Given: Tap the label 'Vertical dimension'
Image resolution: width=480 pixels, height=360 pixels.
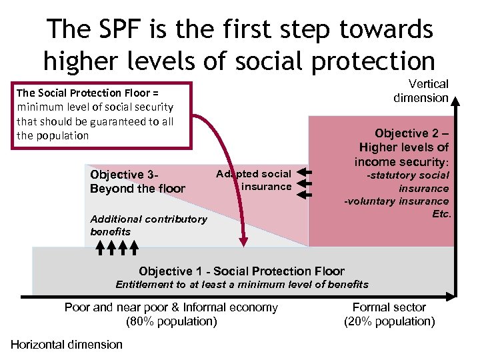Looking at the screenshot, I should [x=421, y=91].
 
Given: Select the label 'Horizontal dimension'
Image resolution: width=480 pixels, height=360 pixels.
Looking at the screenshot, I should [x=67, y=344].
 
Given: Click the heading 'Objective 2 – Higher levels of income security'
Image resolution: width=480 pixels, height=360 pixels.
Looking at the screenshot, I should [x=403, y=147].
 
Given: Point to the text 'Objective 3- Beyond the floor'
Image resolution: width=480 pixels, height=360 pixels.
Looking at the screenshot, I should [x=137, y=181].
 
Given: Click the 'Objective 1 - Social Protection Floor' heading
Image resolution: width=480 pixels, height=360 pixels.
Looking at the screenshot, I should [x=241, y=271].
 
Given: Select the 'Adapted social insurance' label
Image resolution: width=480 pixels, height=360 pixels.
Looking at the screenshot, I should [x=255, y=181].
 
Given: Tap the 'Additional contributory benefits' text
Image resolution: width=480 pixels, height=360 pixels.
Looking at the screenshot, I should [x=148, y=225].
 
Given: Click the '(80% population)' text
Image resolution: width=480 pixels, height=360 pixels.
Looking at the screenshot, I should [x=171, y=321].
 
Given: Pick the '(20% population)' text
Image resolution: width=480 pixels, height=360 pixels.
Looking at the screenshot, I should [x=389, y=321].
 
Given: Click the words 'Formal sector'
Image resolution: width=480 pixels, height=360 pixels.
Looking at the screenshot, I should [x=389, y=307].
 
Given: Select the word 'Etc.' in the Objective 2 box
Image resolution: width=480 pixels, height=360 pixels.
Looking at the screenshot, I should [x=441, y=214].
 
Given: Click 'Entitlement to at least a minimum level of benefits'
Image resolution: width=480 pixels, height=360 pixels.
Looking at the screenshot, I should [x=241, y=285].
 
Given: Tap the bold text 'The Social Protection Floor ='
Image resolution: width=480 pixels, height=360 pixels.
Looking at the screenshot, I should [x=87, y=93].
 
